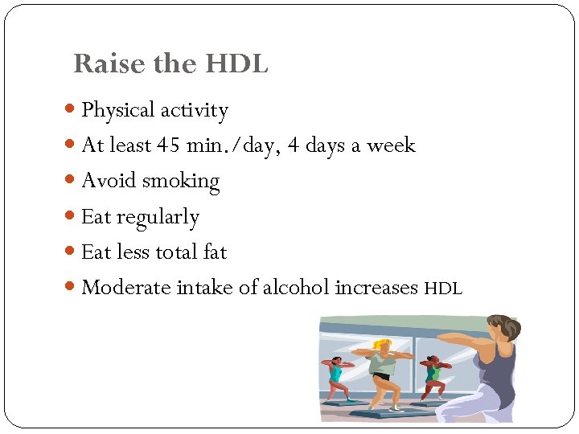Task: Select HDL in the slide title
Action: [236, 63]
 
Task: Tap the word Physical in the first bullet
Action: [117, 110]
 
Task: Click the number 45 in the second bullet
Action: [169, 145]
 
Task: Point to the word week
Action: [391, 145]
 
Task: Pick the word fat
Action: [215, 252]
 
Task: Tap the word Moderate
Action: [126, 288]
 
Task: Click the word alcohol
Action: [297, 288]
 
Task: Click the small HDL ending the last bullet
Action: [443, 289]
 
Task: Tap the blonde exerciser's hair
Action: [384, 345]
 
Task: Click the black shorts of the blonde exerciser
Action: [381, 376]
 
